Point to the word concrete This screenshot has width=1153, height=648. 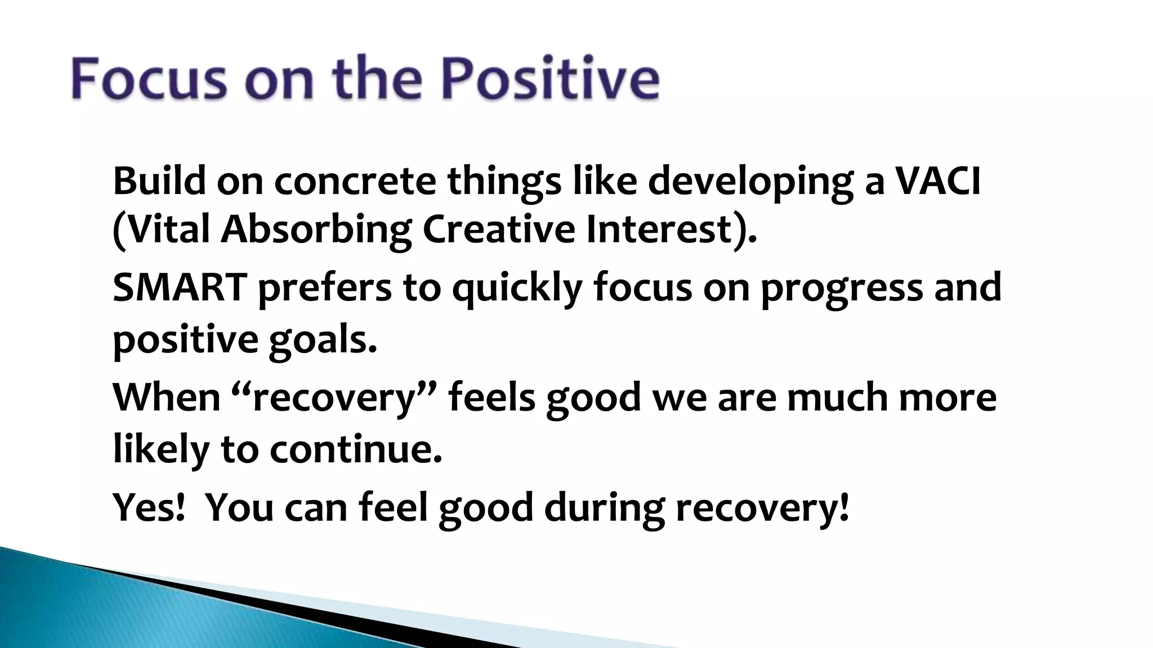[355, 181]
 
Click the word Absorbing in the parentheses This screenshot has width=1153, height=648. [315, 230]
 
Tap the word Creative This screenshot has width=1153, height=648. [498, 229]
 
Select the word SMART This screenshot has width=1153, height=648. [180, 287]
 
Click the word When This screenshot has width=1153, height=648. [167, 397]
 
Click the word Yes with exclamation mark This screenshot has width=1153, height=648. [149, 507]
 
